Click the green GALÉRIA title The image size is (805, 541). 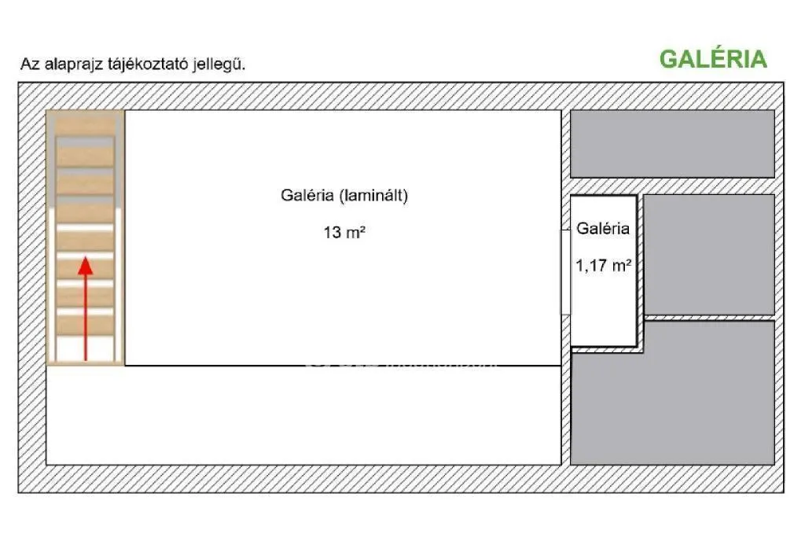coord(712,59)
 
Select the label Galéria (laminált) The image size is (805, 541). coord(344,197)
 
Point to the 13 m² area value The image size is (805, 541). coord(344,234)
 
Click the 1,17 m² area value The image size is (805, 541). coord(604,266)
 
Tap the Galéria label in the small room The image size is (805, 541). coord(603,229)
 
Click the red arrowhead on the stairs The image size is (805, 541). coord(86,266)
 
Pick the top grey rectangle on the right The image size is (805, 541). coord(672,143)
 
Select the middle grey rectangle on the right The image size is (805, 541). coord(709,254)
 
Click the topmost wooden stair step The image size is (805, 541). coord(85,123)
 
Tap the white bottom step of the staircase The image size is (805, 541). coord(85,350)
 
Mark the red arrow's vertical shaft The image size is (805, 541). coord(86,318)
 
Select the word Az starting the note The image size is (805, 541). coord(28,64)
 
